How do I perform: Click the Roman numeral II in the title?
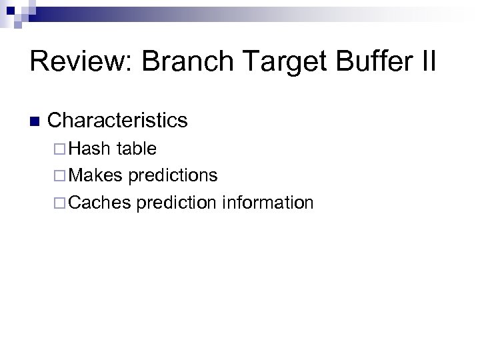pyautogui.click(x=427, y=62)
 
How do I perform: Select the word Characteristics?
pyautogui.click(x=118, y=121)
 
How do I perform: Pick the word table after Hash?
pyautogui.click(x=137, y=149)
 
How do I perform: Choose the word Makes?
pyautogui.click(x=95, y=175)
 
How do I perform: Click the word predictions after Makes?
pyautogui.click(x=173, y=176)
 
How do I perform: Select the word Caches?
pyautogui.click(x=99, y=202)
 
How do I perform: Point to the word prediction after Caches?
pyautogui.click(x=177, y=203)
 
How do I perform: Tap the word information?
pyautogui.click(x=267, y=202)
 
